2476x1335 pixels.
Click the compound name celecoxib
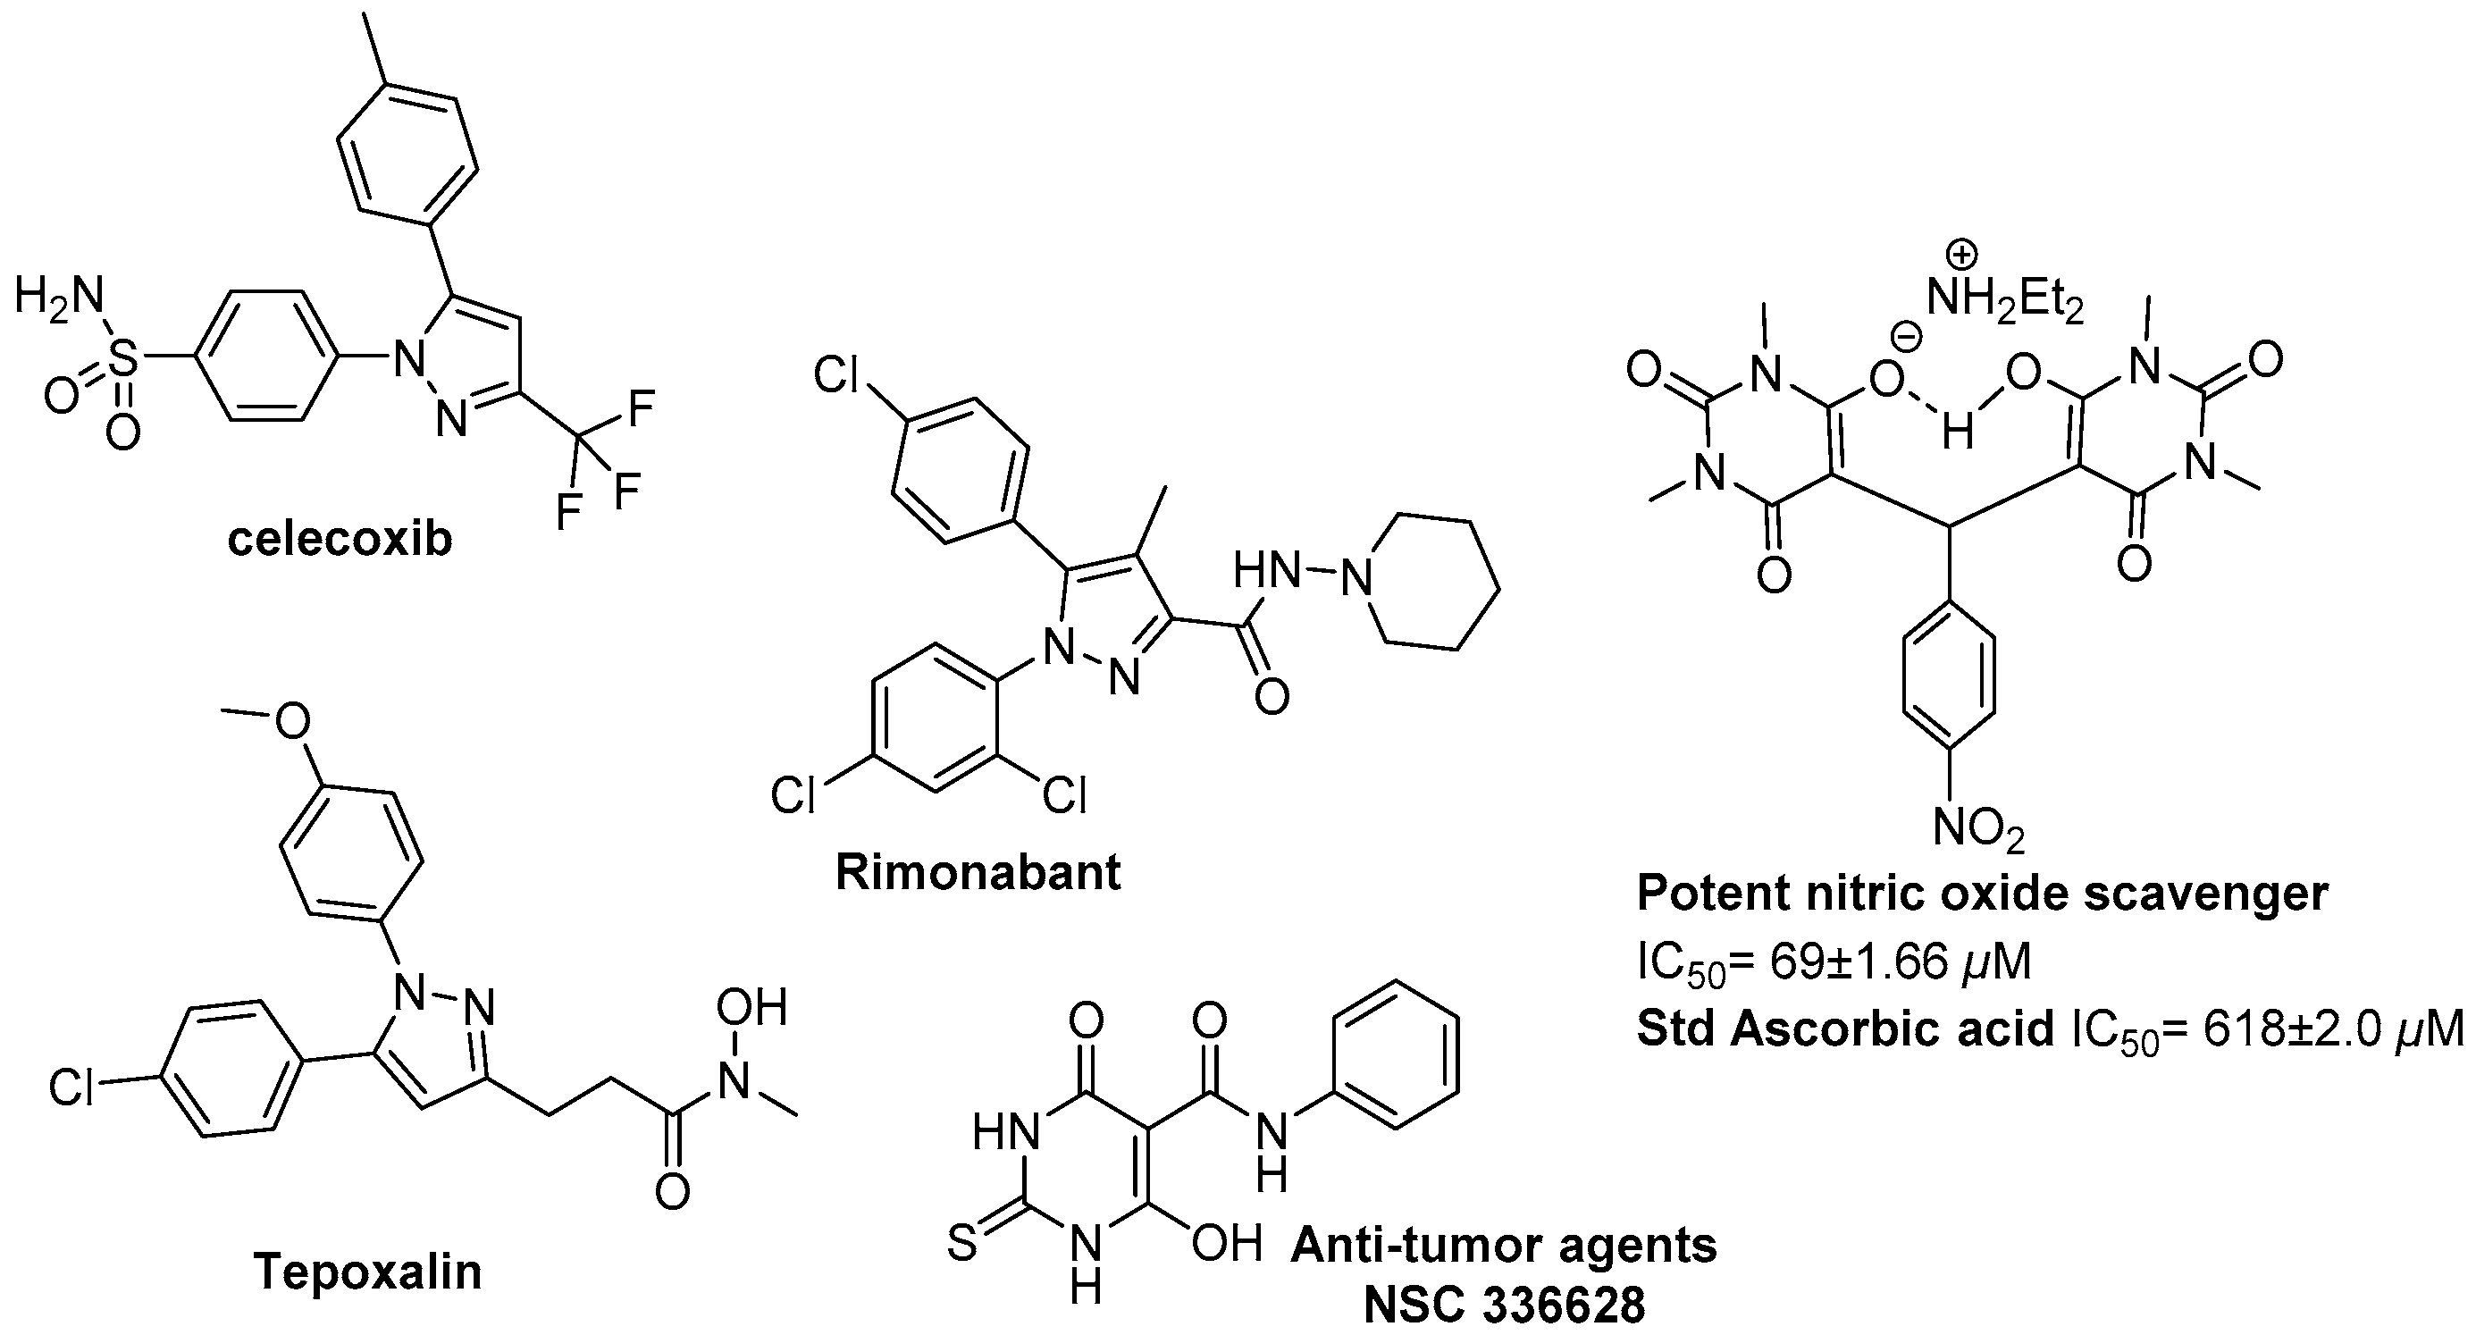pyautogui.click(x=340, y=540)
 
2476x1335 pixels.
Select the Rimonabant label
pyautogui.click(x=978, y=873)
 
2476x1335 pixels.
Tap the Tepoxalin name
pyautogui.click(x=367, y=1272)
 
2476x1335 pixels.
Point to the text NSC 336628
pyautogui.click(x=1504, y=1307)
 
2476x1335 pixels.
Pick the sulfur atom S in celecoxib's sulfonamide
pyautogui.click(x=122, y=365)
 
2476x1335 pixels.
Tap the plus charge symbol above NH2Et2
pyautogui.click(x=1960, y=256)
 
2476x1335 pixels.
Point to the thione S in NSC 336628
pyautogui.click(x=962, y=1246)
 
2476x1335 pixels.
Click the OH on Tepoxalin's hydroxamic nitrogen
pyautogui.click(x=751, y=1009)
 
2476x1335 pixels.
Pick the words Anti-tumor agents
pyautogui.click(x=1503, y=1247)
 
